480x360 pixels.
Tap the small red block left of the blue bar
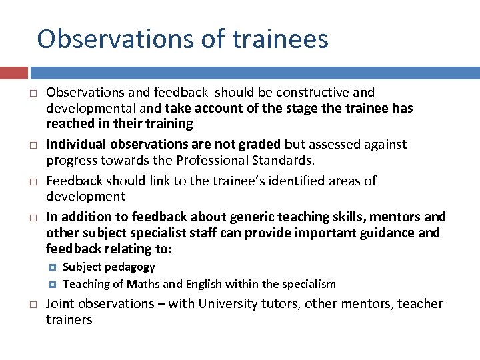click(x=14, y=73)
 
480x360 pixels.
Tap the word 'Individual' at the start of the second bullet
click(x=76, y=144)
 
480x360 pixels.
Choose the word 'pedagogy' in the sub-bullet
click(x=131, y=267)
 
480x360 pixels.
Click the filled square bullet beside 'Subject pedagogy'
click(x=53, y=267)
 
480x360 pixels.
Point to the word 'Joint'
click(x=61, y=304)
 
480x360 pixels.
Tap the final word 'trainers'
click(x=69, y=320)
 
